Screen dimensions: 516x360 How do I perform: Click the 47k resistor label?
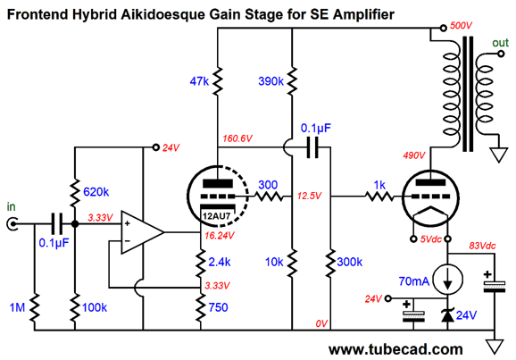pos(199,81)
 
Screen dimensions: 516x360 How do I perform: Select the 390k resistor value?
pos(270,81)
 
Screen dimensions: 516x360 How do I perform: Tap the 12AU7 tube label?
pos(216,216)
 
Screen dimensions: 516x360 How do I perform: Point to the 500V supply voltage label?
pos(461,26)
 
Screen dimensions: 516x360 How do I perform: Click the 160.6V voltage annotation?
pos(237,138)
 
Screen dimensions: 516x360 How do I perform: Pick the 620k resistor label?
pos(96,192)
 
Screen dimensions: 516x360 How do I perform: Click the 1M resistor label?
pos(17,307)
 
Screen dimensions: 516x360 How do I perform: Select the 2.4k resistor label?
pos(220,262)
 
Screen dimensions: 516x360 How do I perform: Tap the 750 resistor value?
pos(218,307)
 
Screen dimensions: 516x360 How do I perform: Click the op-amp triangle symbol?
pos(143,232)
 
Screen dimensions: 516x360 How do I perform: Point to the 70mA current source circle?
pos(447,280)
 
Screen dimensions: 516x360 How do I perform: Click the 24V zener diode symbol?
pos(447,315)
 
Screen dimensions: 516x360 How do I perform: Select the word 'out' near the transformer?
pos(500,43)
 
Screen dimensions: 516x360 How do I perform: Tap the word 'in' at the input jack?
pos(11,206)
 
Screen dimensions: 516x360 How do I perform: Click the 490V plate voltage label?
pos(414,155)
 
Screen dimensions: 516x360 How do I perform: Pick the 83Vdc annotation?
pos(482,246)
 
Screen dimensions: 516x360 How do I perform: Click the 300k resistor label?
pos(349,262)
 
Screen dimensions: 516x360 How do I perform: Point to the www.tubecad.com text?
pos(395,349)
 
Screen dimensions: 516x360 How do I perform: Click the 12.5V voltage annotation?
pos(309,196)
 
